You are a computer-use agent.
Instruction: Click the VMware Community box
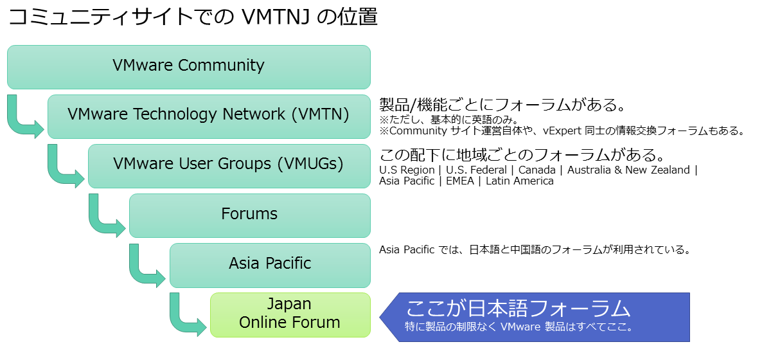[189, 67]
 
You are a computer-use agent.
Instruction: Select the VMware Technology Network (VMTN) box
[209, 117]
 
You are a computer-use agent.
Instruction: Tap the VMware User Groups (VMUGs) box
[229, 166]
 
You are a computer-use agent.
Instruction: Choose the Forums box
[250, 215]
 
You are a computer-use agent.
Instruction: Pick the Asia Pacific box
[270, 265]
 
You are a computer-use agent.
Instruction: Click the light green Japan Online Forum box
[290, 315]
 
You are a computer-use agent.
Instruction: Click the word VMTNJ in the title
[276, 17]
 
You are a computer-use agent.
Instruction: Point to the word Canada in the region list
[537, 170]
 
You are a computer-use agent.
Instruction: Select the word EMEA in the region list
[460, 181]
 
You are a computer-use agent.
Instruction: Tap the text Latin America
[520, 181]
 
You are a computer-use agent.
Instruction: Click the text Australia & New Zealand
[628, 170]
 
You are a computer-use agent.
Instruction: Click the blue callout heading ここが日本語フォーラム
[518, 308]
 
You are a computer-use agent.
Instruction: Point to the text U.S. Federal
[476, 170]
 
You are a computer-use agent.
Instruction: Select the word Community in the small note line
[418, 131]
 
